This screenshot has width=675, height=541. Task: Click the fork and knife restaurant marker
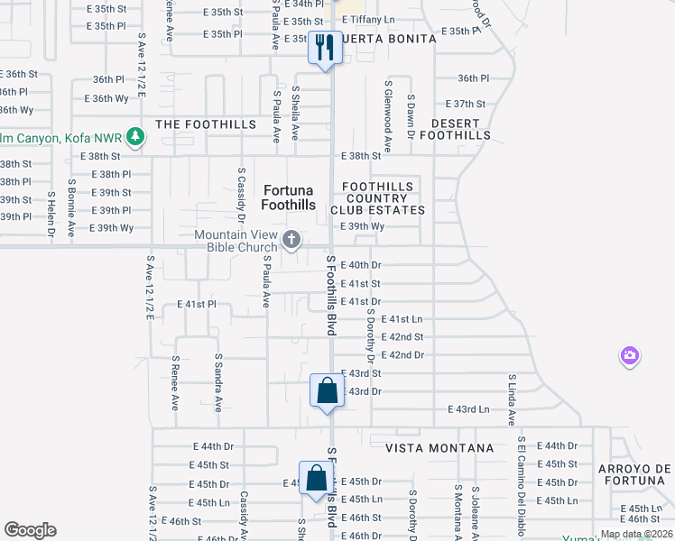pyautogui.click(x=325, y=47)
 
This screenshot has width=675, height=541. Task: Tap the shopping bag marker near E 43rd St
pyautogui.click(x=326, y=390)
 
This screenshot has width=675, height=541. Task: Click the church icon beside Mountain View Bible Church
pyautogui.click(x=291, y=239)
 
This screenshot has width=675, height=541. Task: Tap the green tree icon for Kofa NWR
pyautogui.click(x=135, y=137)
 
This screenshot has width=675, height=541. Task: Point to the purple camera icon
pyautogui.click(x=630, y=356)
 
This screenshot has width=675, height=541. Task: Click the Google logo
pyautogui.click(x=31, y=529)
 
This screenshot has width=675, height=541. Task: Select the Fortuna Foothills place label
pyautogui.click(x=289, y=197)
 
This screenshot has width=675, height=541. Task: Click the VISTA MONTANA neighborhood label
pyautogui.click(x=439, y=448)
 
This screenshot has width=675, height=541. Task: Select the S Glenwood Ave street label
pyautogui.click(x=388, y=114)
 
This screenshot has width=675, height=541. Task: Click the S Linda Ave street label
pyautogui.click(x=511, y=399)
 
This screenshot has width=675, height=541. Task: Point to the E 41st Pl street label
pyautogui.click(x=197, y=305)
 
